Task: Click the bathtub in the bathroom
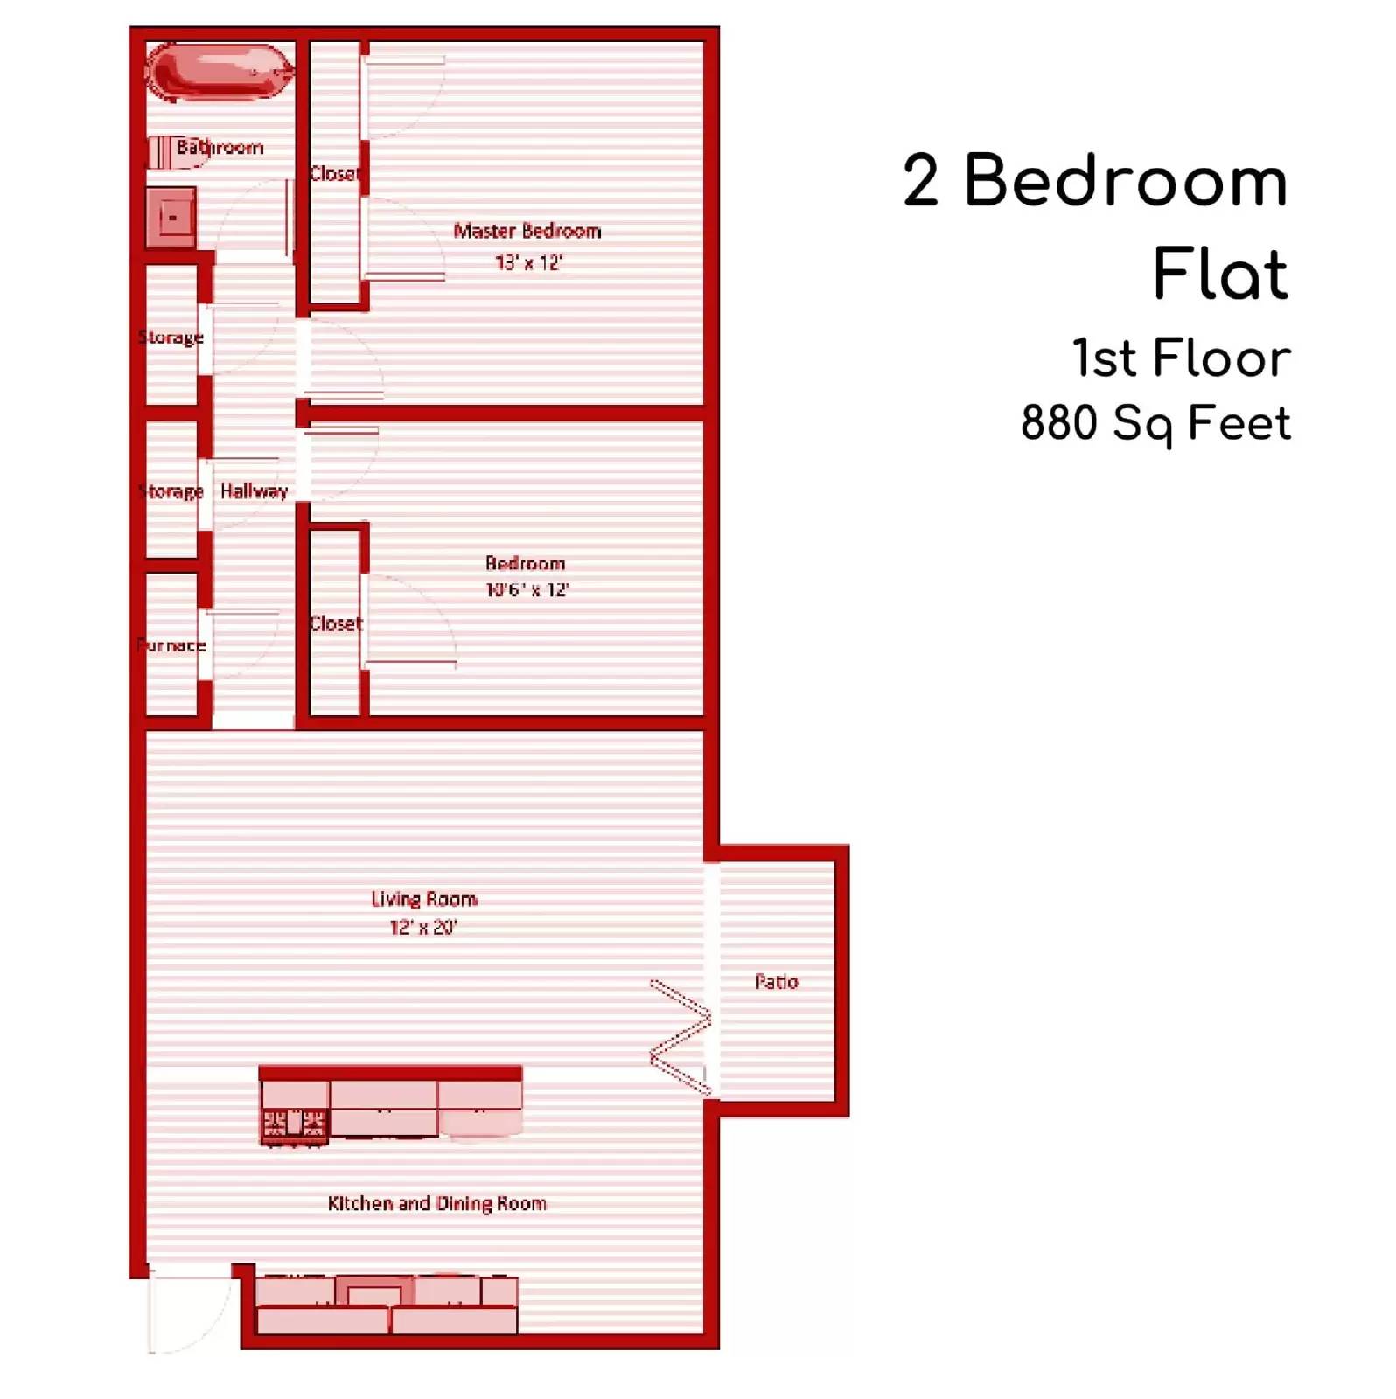(x=220, y=72)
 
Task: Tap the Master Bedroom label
(x=527, y=231)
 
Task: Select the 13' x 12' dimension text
(x=528, y=262)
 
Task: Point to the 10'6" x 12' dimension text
(x=527, y=590)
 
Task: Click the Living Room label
(x=424, y=899)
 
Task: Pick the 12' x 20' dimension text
(x=423, y=927)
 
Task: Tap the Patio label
(x=776, y=982)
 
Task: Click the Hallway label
(x=254, y=491)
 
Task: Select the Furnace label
(x=171, y=645)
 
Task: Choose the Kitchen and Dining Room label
(x=437, y=1203)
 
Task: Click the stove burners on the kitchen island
(x=295, y=1123)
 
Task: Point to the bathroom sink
(x=172, y=217)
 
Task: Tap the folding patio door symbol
(x=681, y=1036)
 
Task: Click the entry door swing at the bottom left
(x=187, y=1309)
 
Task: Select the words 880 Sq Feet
(x=1155, y=424)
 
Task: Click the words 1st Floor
(x=1181, y=358)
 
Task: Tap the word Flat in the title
(x=1220, y=274)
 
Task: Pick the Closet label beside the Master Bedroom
(x=334, y=173)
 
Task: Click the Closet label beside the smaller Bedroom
(x=336, y=623)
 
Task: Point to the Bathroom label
(x=220, y=147)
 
